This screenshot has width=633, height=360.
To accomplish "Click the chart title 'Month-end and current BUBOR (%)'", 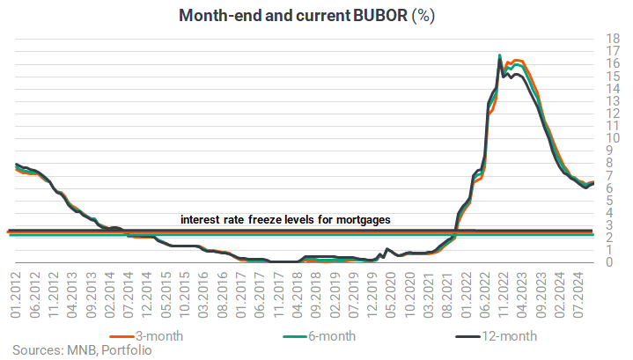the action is [306, 16].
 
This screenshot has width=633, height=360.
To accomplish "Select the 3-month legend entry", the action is [146, 336].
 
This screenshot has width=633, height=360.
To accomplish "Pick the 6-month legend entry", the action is [320, 336].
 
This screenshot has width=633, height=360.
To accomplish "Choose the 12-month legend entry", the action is [497, 336].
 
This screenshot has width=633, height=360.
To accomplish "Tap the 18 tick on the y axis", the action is [613, 39].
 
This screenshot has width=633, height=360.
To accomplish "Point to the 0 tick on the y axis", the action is [609, 262].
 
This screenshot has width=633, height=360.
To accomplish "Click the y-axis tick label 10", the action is [613, 138].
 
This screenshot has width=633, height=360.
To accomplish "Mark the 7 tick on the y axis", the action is [609, 176].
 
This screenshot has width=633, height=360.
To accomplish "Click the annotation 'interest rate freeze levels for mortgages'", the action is [285, 219].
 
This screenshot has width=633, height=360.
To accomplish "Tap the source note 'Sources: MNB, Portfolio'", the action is [82, 350].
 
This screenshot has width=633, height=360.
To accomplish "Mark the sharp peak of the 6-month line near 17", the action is [500, 55].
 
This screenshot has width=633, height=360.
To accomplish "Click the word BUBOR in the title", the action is [379, 16].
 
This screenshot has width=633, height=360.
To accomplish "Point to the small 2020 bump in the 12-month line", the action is [387, 249].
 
